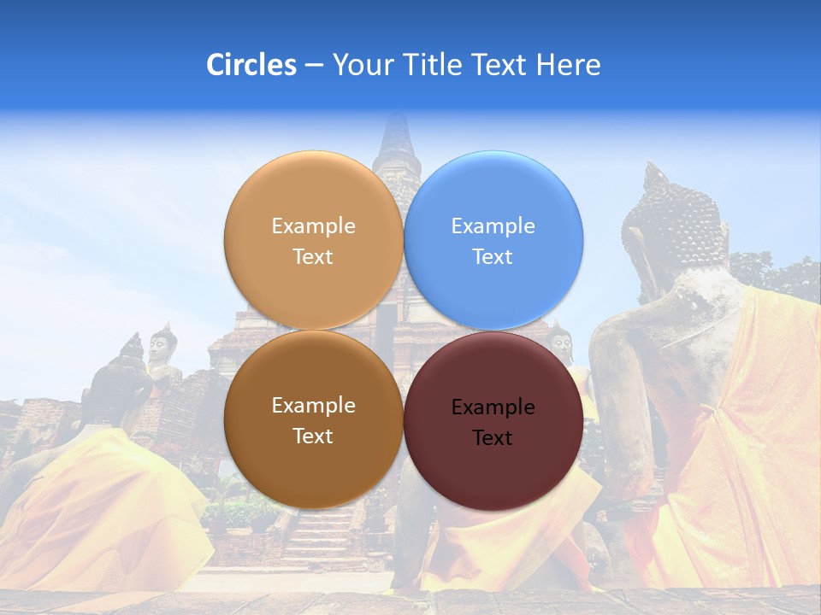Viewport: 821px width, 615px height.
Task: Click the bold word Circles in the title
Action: point(251,65)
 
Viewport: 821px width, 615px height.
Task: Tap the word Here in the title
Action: point(568,65)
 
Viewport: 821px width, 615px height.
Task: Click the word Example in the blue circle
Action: point(493,226)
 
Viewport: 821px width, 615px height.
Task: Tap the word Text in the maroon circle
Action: point(493,438)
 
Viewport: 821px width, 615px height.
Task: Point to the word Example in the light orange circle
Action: point(313,226)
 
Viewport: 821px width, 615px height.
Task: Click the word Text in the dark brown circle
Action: point(313,436)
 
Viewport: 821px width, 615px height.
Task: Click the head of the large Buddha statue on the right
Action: point(671,218)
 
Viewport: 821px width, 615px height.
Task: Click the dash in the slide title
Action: point(313,65)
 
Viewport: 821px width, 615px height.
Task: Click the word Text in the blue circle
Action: point(493,257)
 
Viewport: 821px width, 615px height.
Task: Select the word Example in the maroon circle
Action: point(493,407)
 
